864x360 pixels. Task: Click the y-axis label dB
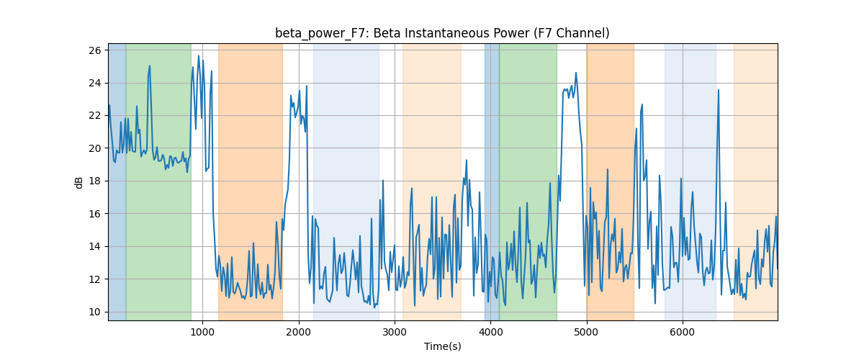pos(79,183)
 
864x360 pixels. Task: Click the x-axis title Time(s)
pos(442,346)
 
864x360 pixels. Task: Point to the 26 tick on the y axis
pos(95,50)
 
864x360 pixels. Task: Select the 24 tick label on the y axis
pos(95,83)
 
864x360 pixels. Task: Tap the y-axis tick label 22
pos(95,116)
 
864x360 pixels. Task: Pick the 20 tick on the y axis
pos(95,148)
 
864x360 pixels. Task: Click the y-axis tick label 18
pos(95,181)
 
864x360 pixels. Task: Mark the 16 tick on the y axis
pos(95,214)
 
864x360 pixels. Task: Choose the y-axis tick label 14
pos(95,246)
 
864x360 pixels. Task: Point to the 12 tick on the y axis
pos(95,279)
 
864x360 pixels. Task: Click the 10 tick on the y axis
pos(95,312)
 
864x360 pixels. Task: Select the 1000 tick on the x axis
pos(202,332)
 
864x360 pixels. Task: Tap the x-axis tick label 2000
pos(299,332)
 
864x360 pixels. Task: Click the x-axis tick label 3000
pos(395,332)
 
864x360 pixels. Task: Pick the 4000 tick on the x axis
pos(490,332)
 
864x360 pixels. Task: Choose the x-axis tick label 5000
pos(587,332)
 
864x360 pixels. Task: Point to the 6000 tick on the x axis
pos(683,332)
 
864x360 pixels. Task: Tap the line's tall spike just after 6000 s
pos(719,90)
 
